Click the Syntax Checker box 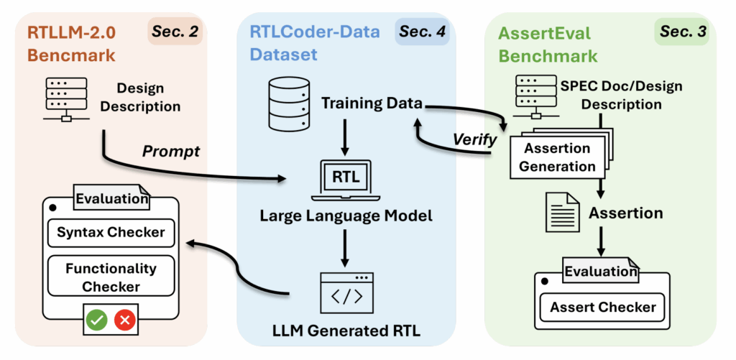tap(111, 232)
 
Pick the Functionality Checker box tap(111, 277)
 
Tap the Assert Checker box tap(602, 308)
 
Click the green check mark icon tap(96, 320)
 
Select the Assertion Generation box tap(559, 158)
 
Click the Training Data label tap(372, 102)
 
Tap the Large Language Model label tap(346, 215)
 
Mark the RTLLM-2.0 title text tap(72, 32)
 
